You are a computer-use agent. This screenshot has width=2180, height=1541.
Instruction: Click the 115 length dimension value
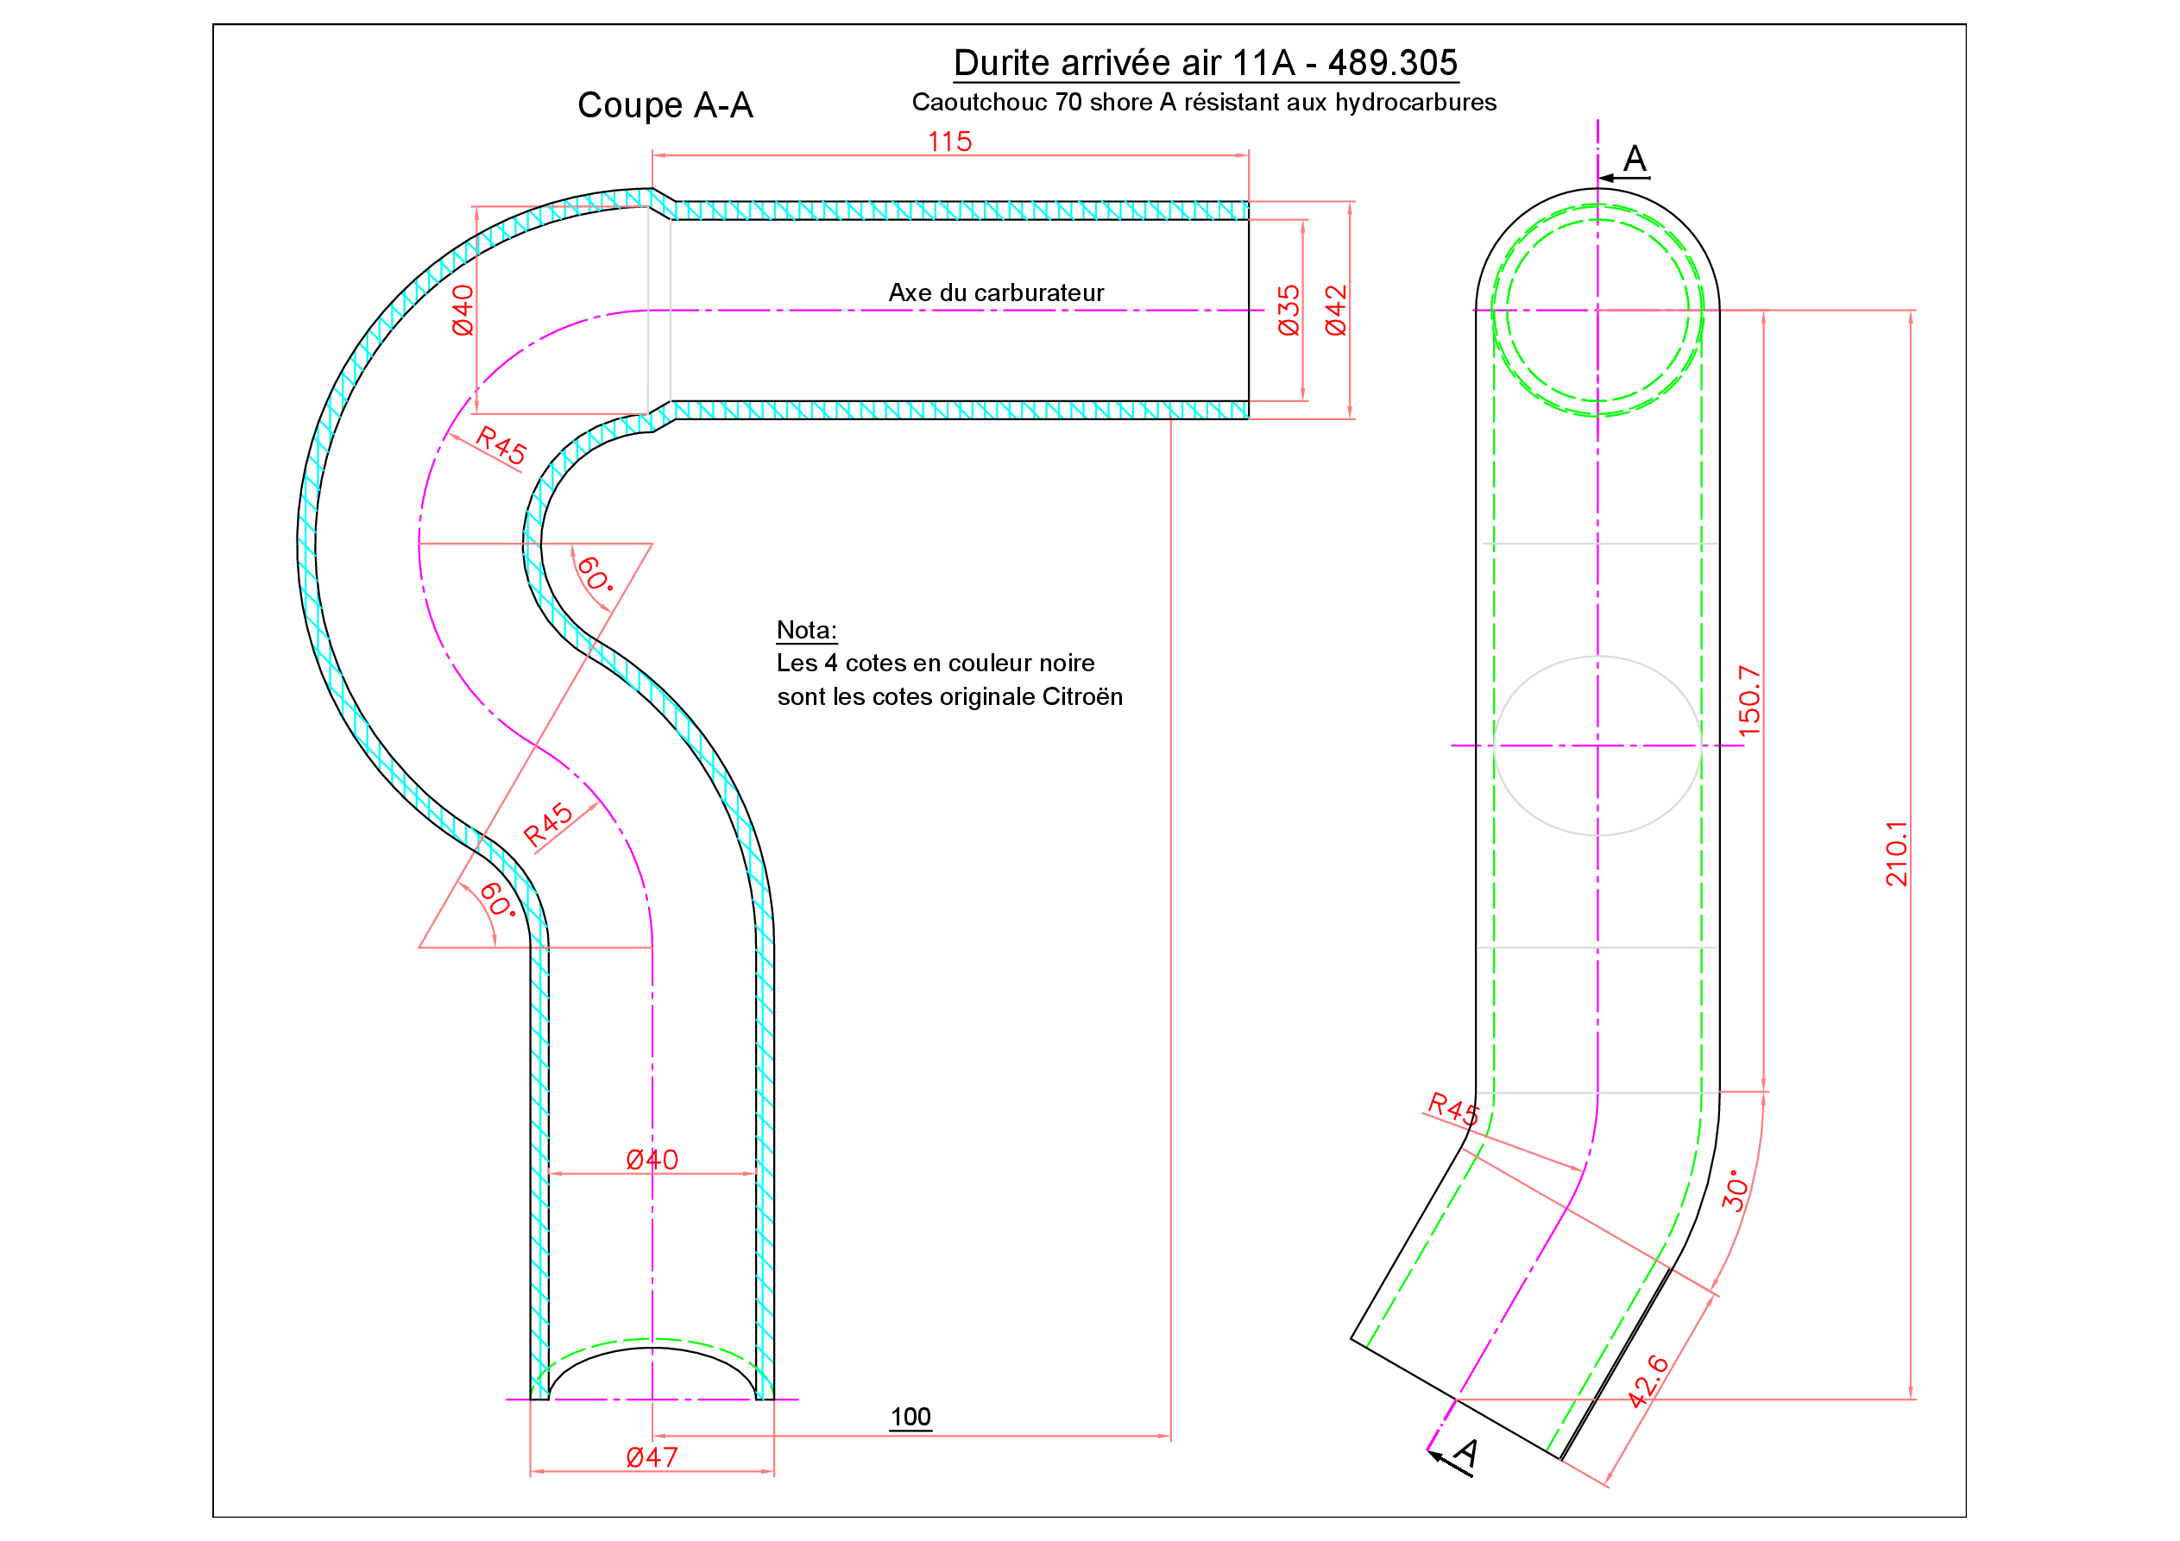click(x=949, y=142)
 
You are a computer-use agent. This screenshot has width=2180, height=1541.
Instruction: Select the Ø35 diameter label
click(x=1288, y=310)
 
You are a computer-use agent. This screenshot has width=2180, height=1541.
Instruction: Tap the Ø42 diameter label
click(x=1336, y=310)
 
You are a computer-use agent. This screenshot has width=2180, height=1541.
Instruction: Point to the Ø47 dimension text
click(x=652, y=1457)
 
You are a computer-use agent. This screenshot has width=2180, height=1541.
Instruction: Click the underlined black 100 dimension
click(x=910, y=1418)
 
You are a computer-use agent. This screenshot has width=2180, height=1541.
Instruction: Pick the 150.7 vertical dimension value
click(x=1749, y=701)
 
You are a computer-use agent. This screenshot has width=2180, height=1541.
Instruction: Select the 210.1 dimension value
click(x=1896, y=853)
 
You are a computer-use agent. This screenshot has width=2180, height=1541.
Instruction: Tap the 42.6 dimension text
click(x=1648, y=1381)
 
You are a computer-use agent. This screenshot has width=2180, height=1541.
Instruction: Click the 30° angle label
click(x=1736, y=1191)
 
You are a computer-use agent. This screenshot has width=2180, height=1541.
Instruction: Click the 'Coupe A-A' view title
click(x=665, y=105)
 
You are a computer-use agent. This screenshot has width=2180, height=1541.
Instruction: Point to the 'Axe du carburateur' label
click(x=996, y=292)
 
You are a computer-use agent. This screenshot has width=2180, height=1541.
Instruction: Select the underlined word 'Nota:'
click(x=806, y=631)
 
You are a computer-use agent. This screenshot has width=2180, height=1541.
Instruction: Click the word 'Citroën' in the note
click(x=1082, y=697)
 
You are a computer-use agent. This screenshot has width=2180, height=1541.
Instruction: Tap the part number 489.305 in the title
click(x=1392, y=63)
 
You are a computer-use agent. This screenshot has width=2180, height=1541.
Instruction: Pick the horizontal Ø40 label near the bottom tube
click(x=652, y=1160)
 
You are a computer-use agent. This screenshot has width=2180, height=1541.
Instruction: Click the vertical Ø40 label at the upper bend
click(x=463, y=310)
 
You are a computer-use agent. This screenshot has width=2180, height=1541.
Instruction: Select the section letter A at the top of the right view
click(x=1634, y=158)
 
